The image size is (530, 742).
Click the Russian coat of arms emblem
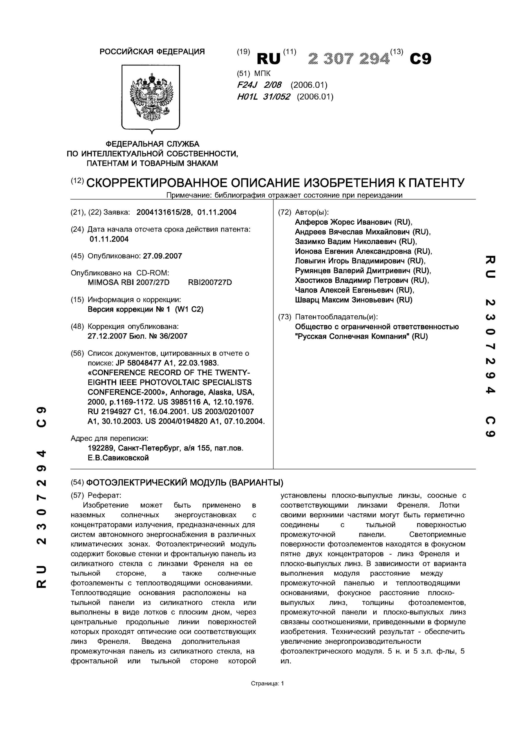151,97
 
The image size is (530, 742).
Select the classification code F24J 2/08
259,85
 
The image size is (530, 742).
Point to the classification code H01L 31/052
263,97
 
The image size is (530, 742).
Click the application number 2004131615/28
164,212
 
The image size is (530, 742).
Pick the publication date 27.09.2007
162,256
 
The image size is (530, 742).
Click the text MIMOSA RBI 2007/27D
129,282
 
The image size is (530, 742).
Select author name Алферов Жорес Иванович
343,222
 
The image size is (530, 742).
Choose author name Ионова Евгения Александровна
353,251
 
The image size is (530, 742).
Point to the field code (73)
284,317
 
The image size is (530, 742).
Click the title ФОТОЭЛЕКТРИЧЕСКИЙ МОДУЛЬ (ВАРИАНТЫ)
184,483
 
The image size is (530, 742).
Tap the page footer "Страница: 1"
267,683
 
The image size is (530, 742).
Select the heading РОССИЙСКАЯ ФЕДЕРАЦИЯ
152,52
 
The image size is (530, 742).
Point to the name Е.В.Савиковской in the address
118,458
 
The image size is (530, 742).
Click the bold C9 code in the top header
420,59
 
